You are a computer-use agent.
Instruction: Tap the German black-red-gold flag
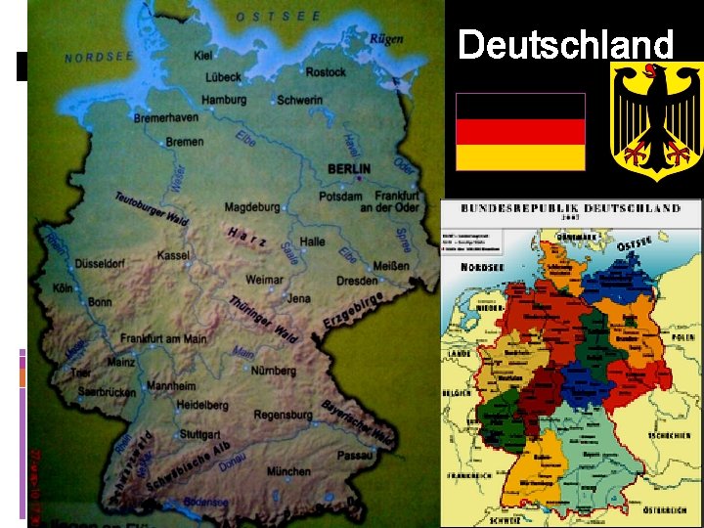click(521, 132)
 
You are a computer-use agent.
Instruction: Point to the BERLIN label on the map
click(349, 168)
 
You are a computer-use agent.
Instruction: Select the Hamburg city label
click(224, 100)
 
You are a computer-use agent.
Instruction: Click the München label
click(288, 471)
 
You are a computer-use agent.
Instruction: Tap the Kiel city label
click(203, 56)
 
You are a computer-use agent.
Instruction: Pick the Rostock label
click(326, 72)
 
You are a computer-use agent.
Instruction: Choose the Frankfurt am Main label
click(163, 338)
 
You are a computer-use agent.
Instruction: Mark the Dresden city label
click(357, 280)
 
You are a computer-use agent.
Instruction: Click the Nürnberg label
click(274, 371)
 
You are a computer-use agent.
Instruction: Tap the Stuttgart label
click(199, 433)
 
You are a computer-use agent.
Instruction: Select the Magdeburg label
click(251, 207)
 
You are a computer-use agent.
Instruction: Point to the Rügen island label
click(386, 40)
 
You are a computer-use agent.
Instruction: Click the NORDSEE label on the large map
click(99, 58)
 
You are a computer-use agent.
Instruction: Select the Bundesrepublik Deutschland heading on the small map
click(571, 208)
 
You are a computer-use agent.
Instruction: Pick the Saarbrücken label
click(107, 392)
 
